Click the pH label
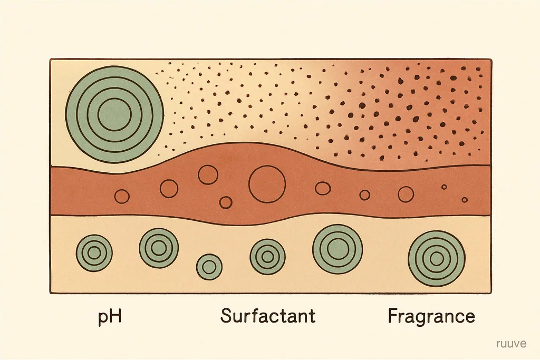click(x=110, y=316)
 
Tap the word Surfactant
click(x=267, y=316)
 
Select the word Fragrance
click(x=431, y=316)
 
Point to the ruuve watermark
click(x=512, y=344)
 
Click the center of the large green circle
click(x=114, y=114)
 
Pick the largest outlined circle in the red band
click(x=267, y=184)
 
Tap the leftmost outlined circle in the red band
click(x=122, y=197)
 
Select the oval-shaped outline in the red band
click(x=323, y=188)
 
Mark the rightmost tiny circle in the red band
click(x=465, y=200)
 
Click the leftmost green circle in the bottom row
click(x=94, y=253)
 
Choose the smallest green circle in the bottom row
click(x=209, y=267)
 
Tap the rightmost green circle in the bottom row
click(x=437, y=259)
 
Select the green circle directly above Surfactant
click(x=267, y=257)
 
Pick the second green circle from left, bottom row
click(x=159, y=248)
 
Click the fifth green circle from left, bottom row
click(x=337, y=249)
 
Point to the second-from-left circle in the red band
click(x=169, y=188)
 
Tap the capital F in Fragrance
click(x=393, y=316)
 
